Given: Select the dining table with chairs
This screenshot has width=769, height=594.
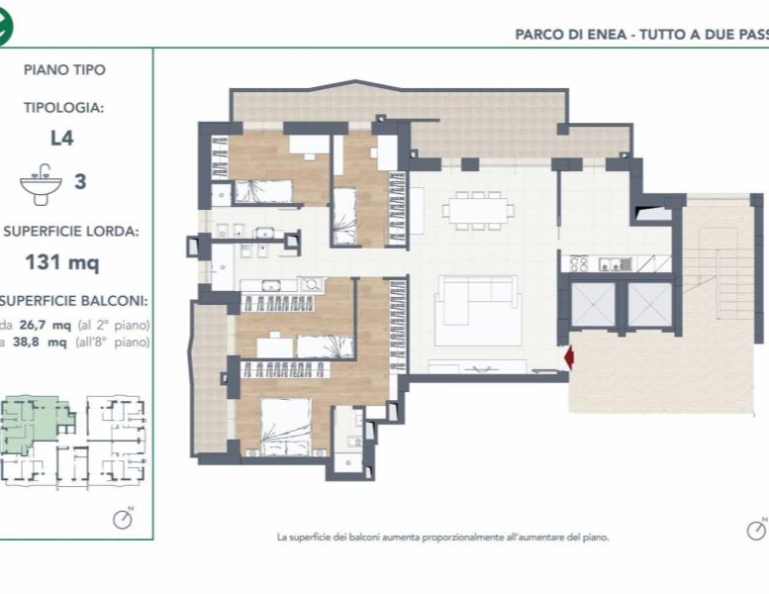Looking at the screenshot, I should click(477, 209).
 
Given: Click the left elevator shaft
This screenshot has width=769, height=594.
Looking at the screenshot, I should click(593, 304).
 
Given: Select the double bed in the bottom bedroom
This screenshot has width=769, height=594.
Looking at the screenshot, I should click(286, 425).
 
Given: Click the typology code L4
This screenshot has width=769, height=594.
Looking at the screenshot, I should click(62, 139).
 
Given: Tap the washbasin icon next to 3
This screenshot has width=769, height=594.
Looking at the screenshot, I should click(42, 183).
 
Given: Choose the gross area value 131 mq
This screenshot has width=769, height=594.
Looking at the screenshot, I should click(62, 263).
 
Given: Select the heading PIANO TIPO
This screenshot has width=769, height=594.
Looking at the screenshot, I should click(64, 70).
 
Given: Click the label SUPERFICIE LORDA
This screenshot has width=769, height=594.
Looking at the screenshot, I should click(70, 232).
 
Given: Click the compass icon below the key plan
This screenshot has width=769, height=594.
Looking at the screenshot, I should click(123, 518).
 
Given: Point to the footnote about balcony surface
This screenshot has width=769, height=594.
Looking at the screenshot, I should click(442, 538).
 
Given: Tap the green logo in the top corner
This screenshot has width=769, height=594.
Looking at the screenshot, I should click(5, 27).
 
